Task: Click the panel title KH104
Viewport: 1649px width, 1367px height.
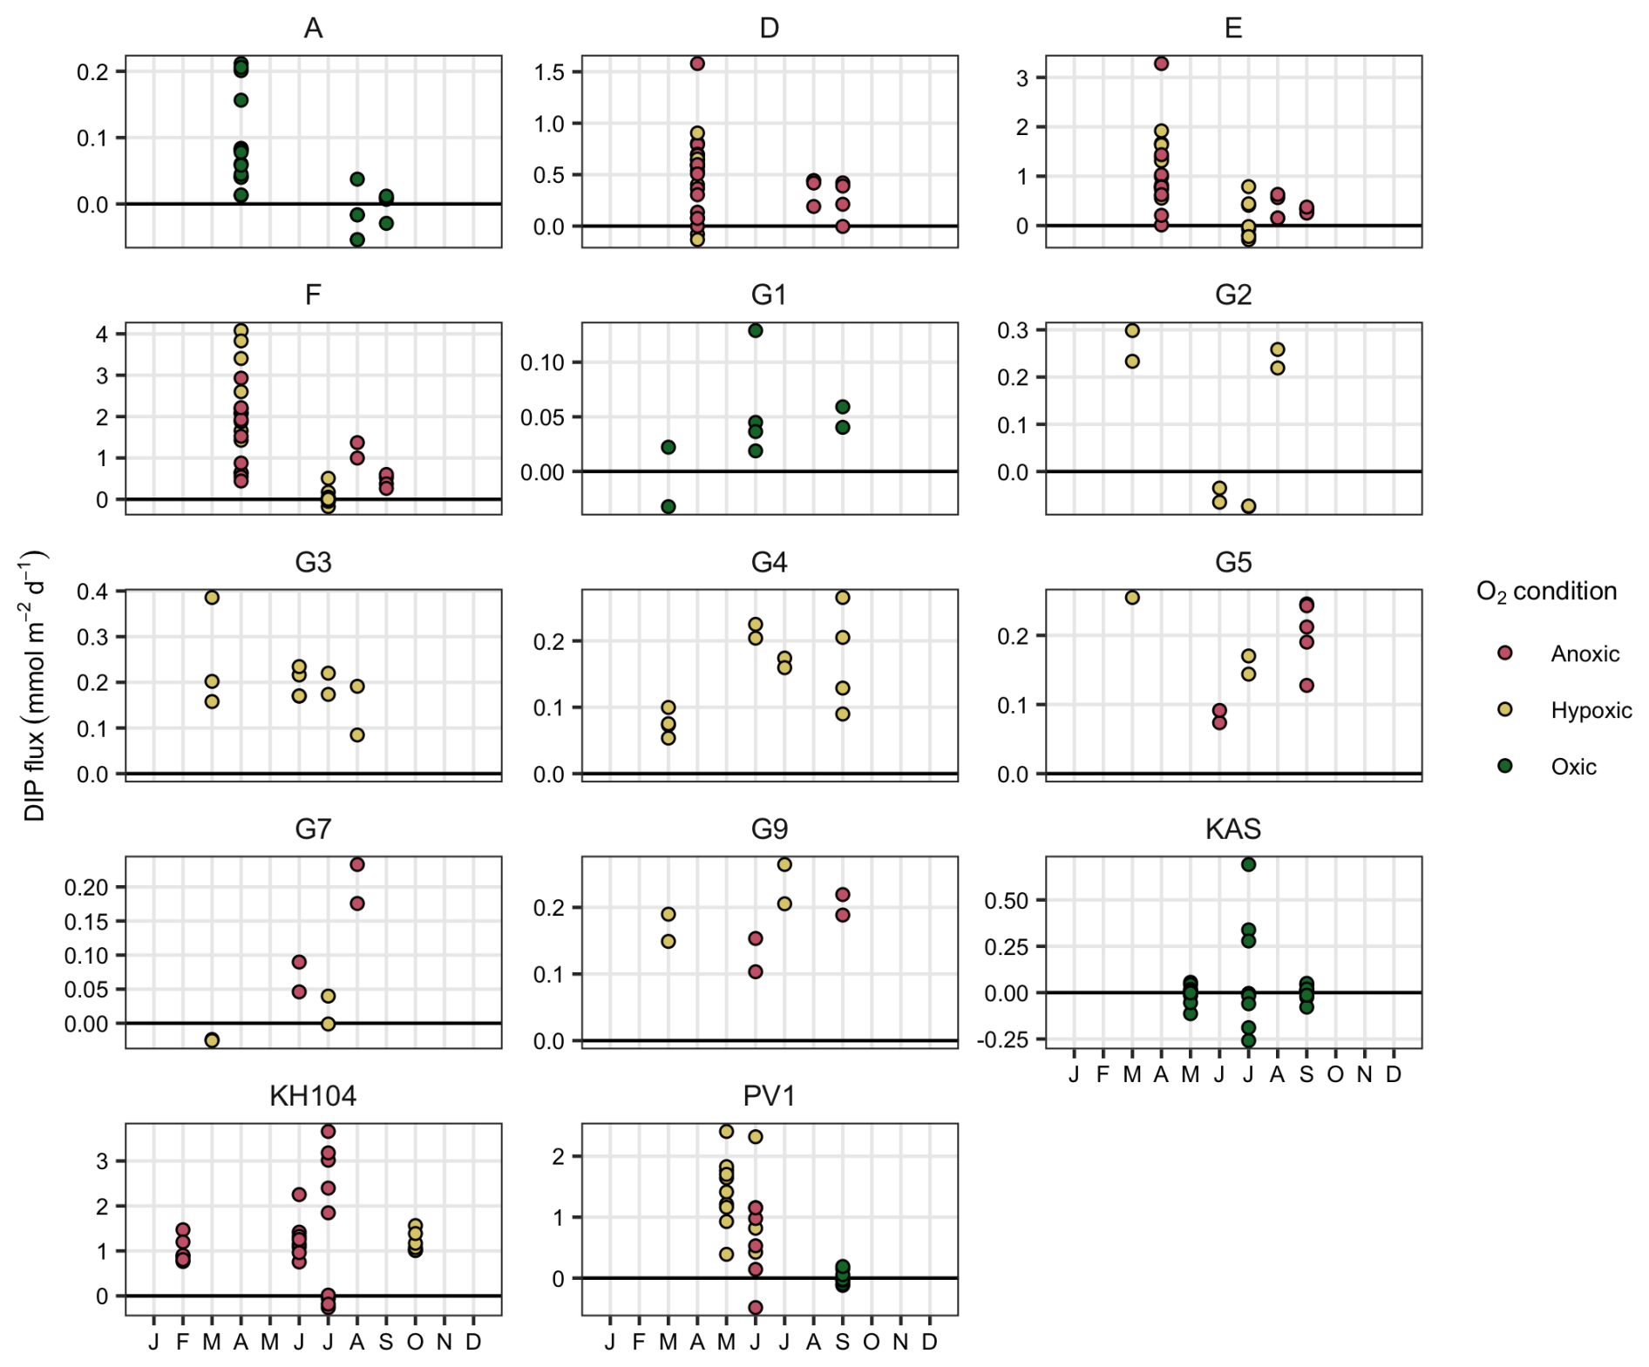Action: (x=313, y=1095)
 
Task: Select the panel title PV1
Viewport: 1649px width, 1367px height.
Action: (x=769, y=1095)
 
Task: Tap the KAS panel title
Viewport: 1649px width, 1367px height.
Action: (x=1232, y=829)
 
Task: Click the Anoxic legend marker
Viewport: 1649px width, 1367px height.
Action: (x=1504, y=653)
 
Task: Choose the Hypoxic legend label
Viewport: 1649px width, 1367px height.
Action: (x=1591, y=710)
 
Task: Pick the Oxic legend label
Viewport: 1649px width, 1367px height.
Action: (x=1573, y=767)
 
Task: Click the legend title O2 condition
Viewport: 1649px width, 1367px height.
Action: (x=1546, y=592)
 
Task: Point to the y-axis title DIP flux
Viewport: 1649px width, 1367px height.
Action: (x=35, y=685)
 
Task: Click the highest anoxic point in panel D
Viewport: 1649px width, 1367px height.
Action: (x=697, y=64)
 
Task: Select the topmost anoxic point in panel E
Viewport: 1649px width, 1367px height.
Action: (x=1161, y=64)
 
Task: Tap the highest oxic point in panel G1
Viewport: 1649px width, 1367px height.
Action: (x=756, y=330)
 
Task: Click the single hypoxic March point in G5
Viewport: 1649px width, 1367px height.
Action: (x=1132, y=598)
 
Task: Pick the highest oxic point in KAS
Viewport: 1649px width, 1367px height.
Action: (x=1248, y=864)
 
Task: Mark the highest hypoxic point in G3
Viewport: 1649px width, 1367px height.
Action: (x=212, y=598)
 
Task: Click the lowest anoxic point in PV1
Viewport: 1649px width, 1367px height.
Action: (x=756, y=1307)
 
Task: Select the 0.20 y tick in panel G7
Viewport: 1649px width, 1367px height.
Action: (x=86, y=887)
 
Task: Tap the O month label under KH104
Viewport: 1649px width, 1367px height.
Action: (x=415, y=1342)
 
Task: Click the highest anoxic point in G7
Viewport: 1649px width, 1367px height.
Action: (x=356, y=864)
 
